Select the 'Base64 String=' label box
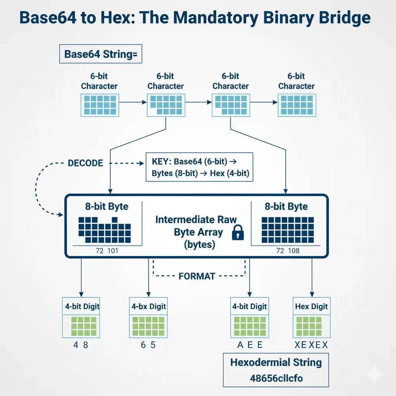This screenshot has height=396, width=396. [101, 54]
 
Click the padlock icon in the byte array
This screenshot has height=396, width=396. [238, 233]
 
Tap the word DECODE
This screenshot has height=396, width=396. [85, 163]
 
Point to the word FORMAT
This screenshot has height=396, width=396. [197, 277]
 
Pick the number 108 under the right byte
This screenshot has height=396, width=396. [294, 251]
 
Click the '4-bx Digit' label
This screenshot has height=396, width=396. [149, 307]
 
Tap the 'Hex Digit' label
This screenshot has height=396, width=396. [311, 307]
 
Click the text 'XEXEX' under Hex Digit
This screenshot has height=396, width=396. [311, 345]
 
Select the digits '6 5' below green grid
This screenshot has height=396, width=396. [148, 345]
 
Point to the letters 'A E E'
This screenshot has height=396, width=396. [250, 345]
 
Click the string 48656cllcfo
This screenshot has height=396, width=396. [277, 378]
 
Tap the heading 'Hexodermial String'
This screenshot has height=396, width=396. [276, 362]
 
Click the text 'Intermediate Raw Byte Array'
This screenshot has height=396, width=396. [196, 232]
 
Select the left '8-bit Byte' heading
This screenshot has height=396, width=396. [106, 207]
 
